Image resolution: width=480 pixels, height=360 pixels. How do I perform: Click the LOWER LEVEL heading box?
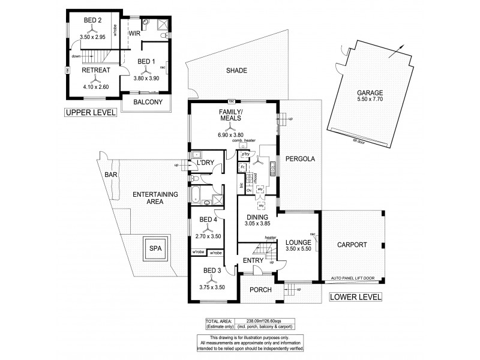[356, 296]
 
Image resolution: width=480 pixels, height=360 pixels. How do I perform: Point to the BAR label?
[110, 175]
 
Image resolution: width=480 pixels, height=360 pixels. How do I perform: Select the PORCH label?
[262, 290]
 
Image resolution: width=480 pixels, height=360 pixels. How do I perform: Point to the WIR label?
[134, 33]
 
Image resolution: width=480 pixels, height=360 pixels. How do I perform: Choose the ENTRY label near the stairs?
[252, 260]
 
